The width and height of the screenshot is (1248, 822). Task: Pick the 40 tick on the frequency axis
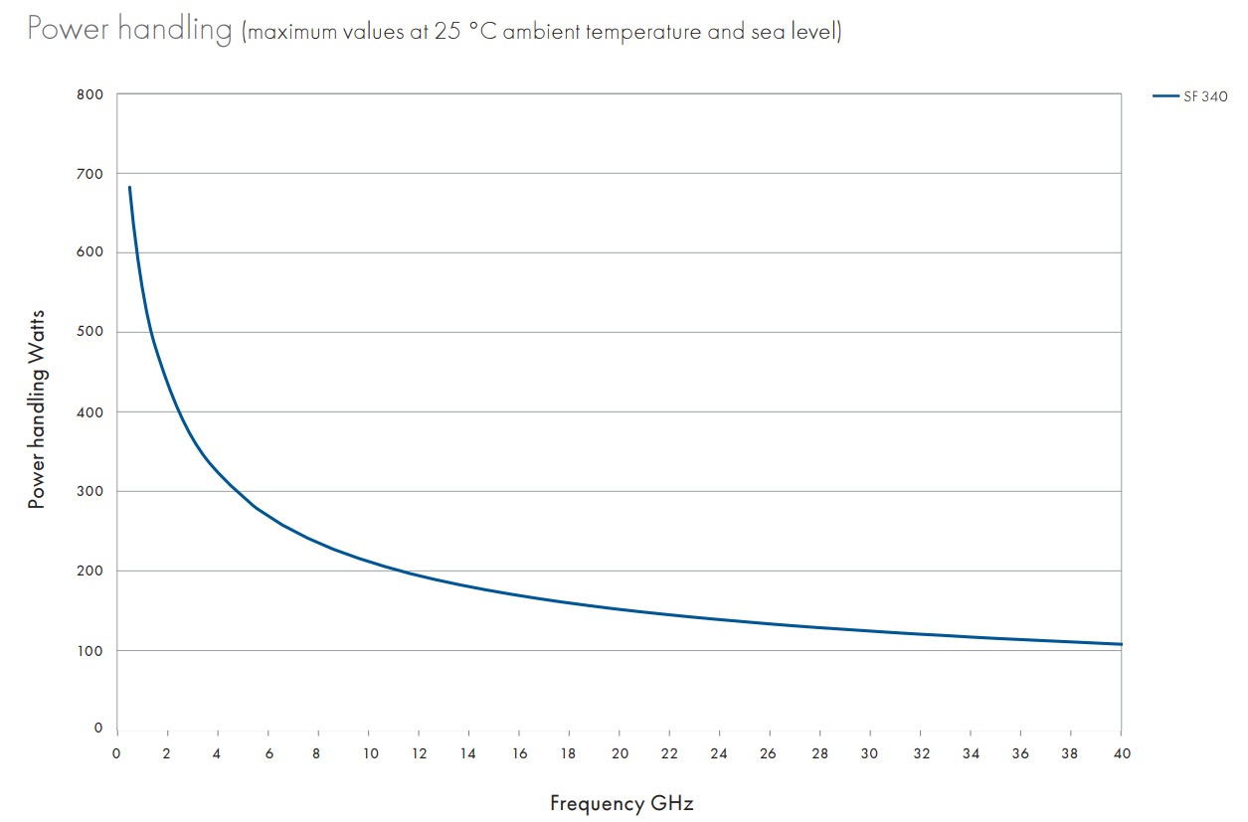point(1121,752)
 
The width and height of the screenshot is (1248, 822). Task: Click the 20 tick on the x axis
point(619,752)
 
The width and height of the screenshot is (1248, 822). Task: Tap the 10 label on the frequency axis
point(368,752)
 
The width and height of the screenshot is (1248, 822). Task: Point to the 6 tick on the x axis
point(267,752)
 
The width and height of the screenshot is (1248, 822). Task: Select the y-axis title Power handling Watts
point(37,411)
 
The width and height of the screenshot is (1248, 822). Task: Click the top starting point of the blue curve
point(129,187)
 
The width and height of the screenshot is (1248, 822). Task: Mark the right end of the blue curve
point(1121,644)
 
